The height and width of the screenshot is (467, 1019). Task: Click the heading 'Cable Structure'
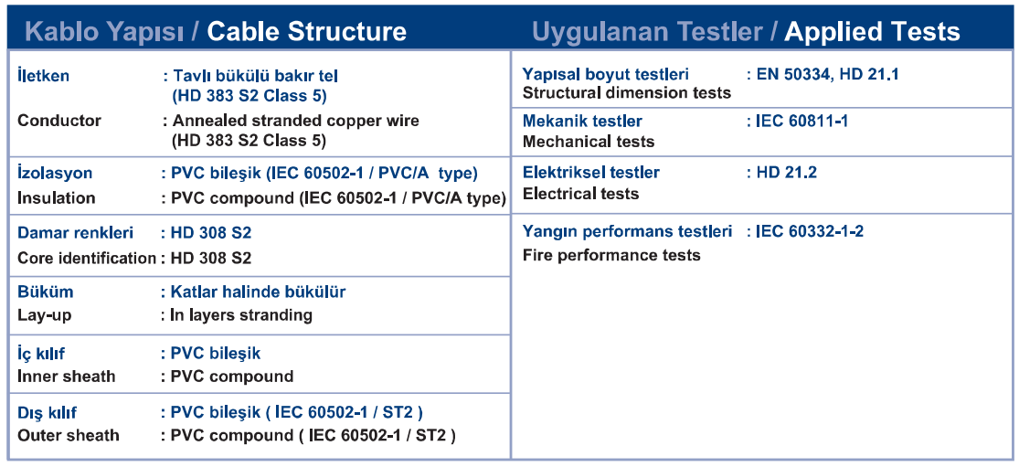tap(307, 30)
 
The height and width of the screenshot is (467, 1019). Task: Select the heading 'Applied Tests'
tap(872, 30)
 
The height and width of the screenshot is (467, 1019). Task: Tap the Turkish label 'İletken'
tap(43, 75)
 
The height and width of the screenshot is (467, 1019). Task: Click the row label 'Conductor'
tap(59, 121)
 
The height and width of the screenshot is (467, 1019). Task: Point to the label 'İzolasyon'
tap(55, 174)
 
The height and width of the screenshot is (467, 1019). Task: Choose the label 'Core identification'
tap(87, 258)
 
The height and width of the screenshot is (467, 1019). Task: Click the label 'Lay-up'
tap(44, 315)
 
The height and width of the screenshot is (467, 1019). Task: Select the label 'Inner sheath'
tap(67, 377)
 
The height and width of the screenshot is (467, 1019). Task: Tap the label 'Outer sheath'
tap(69, 435)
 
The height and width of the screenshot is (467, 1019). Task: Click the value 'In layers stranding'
tap(241, 315)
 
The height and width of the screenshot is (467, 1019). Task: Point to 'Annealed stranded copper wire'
tap(295, 121)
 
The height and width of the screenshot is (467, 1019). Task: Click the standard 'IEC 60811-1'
tap(801, 121)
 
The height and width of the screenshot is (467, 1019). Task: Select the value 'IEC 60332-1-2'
tap(810, 231)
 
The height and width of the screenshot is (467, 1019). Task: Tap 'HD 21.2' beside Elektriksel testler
tap(786, 172)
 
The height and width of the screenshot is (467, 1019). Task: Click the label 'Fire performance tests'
tap(611, 255)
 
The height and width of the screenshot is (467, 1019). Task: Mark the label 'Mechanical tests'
tap(589, 141)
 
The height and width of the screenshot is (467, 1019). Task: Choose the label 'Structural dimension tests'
tap(626, 93)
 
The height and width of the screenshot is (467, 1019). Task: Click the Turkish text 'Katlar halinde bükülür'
tap(258, 292)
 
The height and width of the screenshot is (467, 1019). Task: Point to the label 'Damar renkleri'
tap(75, 232)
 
